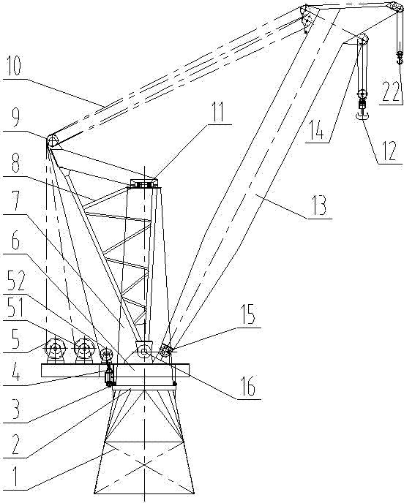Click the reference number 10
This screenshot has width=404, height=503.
pyautogui.click(x=13, y=67)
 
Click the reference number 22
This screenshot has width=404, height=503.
pyautogui.click(x=390, y=91)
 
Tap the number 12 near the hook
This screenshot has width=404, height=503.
pyautogui.click(x=389, y=151)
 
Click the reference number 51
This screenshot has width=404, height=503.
pyautogui.click(x=12, y=307)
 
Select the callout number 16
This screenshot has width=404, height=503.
pyautogui.click(x=248, y=387)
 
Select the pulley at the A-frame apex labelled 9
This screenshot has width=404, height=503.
pyautogui.click(x=52, y=140)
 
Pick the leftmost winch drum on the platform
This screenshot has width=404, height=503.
pyautogui.click(x=55, y=349)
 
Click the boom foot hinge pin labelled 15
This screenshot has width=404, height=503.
pyautogui.click(x=165, y=352)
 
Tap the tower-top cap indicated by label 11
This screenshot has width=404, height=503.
pyautogui.click(x=144, y=184)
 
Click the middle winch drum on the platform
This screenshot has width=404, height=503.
pyautogui.click(x=84, y=349)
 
